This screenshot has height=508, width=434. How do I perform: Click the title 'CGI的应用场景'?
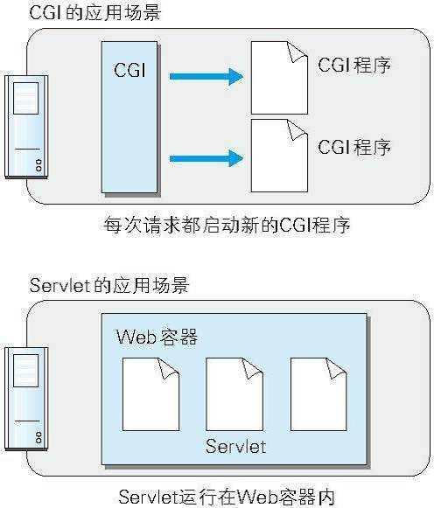coord(95,12)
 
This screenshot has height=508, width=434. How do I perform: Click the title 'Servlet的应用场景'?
coord(109,285)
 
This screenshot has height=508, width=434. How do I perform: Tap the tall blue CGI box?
coord(129,117)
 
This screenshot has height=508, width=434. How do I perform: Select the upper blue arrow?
coord(206,77)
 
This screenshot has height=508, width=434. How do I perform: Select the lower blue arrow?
coord(206,158)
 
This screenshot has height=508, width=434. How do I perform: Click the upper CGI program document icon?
coord(279,78)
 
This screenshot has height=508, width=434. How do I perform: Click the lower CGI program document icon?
coord(279,156)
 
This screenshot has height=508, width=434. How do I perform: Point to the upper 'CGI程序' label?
coord(354,65)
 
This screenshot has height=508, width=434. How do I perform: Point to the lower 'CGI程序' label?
coord(354,147)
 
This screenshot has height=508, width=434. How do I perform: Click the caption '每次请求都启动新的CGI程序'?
coord(227,225)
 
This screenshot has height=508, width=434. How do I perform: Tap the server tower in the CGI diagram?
coord(26,127)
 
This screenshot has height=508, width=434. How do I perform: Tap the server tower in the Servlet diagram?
coord(26,399)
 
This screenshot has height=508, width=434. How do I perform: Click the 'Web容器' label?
coord(157,337)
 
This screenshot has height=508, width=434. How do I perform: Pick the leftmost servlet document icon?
coord(150,394)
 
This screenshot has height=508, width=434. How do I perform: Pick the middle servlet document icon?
coord(234,394)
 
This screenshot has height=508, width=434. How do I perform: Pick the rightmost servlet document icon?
coord(318,394)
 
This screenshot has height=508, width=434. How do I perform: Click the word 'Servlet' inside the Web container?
coord(235,447)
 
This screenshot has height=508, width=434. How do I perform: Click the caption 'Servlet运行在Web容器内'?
coord(227,498)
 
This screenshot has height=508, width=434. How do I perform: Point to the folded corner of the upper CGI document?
coord(297,52)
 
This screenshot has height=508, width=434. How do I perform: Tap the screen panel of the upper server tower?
coord(26,98)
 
